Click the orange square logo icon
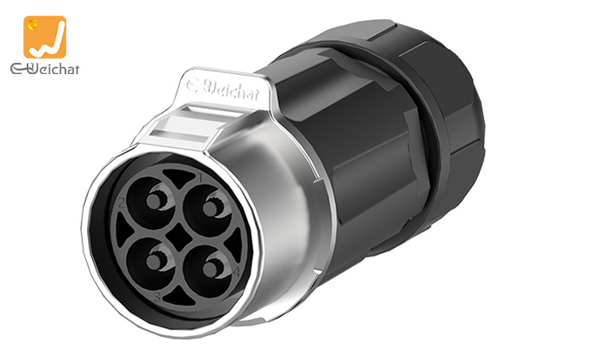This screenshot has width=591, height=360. click(45, 37)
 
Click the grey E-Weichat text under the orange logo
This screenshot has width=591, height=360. click(45, 68)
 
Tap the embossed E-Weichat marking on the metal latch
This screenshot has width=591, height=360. click(223, 89)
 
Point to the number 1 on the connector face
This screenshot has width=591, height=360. click(201, 177)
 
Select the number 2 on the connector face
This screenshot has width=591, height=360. click(121, 202)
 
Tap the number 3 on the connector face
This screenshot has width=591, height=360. click(158, 296)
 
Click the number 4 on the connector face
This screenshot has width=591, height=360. click(236, 271)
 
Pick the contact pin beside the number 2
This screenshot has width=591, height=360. click(154, 201)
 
